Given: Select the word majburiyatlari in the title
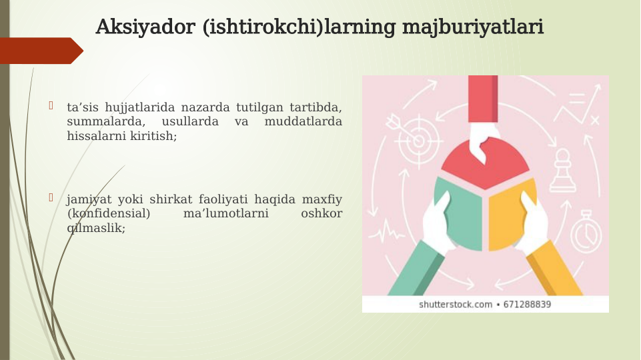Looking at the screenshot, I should click(473, 28).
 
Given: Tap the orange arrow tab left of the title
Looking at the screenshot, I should click(40, 51).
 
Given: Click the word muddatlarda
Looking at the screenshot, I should click(303, 121).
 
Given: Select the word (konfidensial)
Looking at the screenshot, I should click(109, 213).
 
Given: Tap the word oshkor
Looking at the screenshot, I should click(322, 213).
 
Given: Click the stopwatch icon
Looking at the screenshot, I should click(587, 230).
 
